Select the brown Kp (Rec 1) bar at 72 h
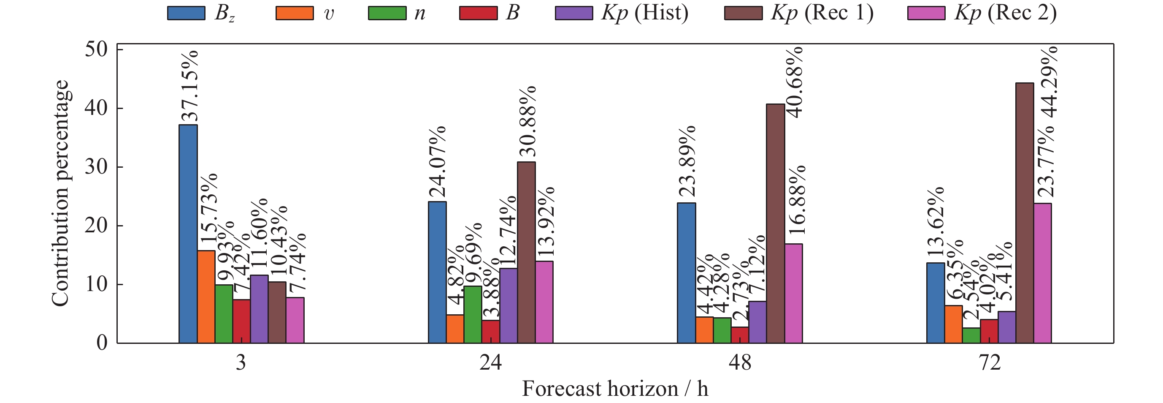(1025, 213)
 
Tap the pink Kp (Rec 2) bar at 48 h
(793, 293)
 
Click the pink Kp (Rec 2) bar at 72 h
(1042, 273)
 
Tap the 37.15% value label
(189, 87)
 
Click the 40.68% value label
(795, 82)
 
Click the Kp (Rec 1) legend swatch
(743, 13)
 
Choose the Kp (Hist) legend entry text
(645, 13)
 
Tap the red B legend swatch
(478, 13)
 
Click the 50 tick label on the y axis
(96, 50)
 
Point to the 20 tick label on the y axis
(96, 226)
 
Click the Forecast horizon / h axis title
(615, 389)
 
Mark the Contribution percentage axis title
(60, 193)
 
